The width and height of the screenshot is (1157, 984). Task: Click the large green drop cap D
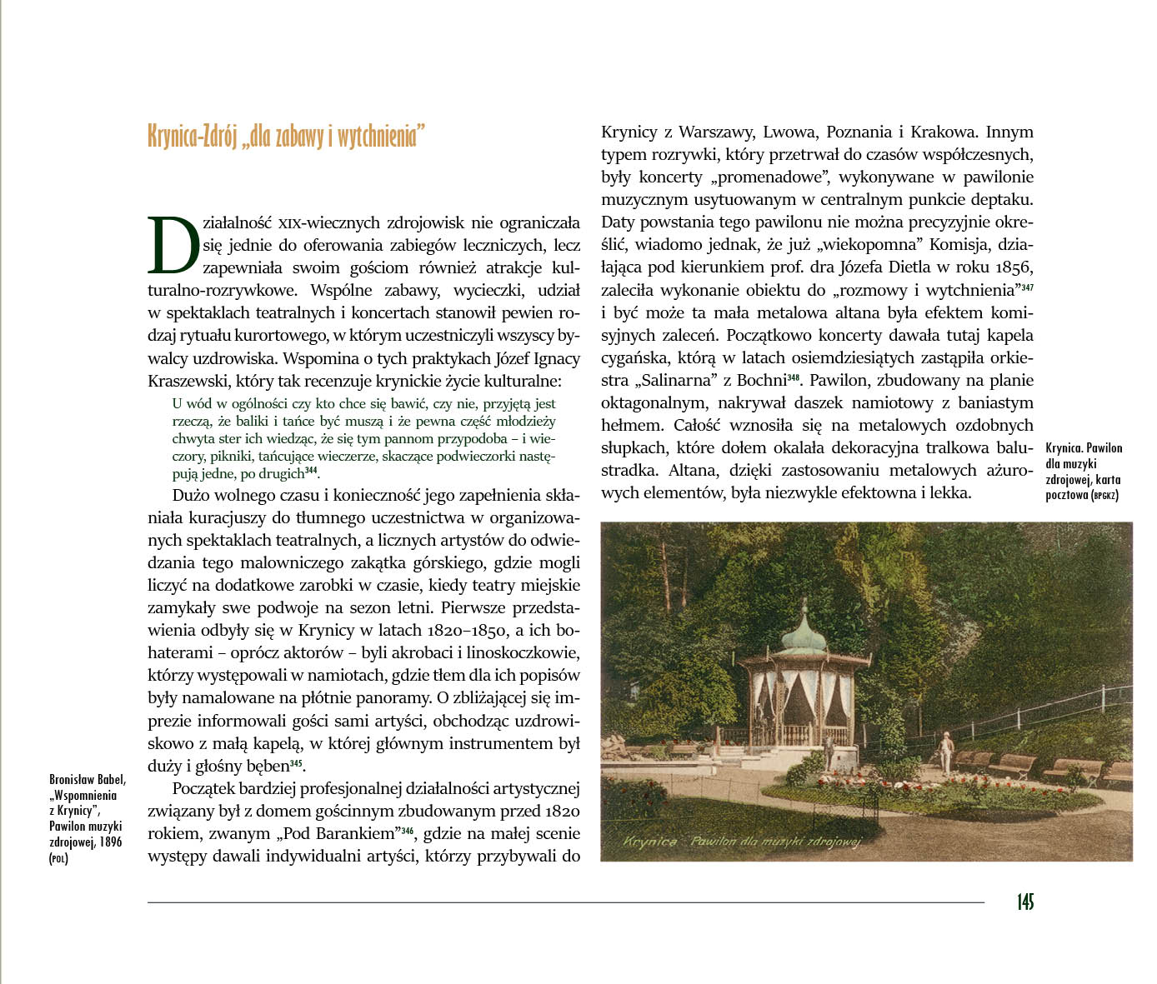point(174,245)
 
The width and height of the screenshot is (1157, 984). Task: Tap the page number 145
point(1024,902)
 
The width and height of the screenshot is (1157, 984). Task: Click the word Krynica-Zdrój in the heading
point(193,136)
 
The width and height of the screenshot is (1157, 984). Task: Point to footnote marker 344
point(311,471)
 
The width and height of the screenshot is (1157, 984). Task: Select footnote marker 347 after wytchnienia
point(1027,287)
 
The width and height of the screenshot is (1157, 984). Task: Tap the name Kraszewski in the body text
point(188,381)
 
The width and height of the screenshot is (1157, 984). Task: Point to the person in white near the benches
point(944,752)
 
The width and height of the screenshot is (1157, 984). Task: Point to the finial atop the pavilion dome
point(804,603)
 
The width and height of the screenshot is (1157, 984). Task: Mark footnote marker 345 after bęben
point(296,764)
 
